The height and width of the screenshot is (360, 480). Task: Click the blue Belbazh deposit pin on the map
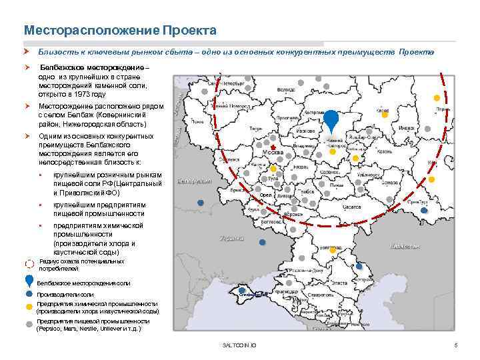(331, 122)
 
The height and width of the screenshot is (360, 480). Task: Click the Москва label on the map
(272, 153)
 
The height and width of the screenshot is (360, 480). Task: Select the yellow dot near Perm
(437, 94)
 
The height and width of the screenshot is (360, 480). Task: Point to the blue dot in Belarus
(200, 202)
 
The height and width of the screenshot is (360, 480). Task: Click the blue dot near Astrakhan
(362, 268)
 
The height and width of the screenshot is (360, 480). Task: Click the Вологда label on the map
(286, 89)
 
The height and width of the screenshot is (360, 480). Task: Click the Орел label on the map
(265, 195)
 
